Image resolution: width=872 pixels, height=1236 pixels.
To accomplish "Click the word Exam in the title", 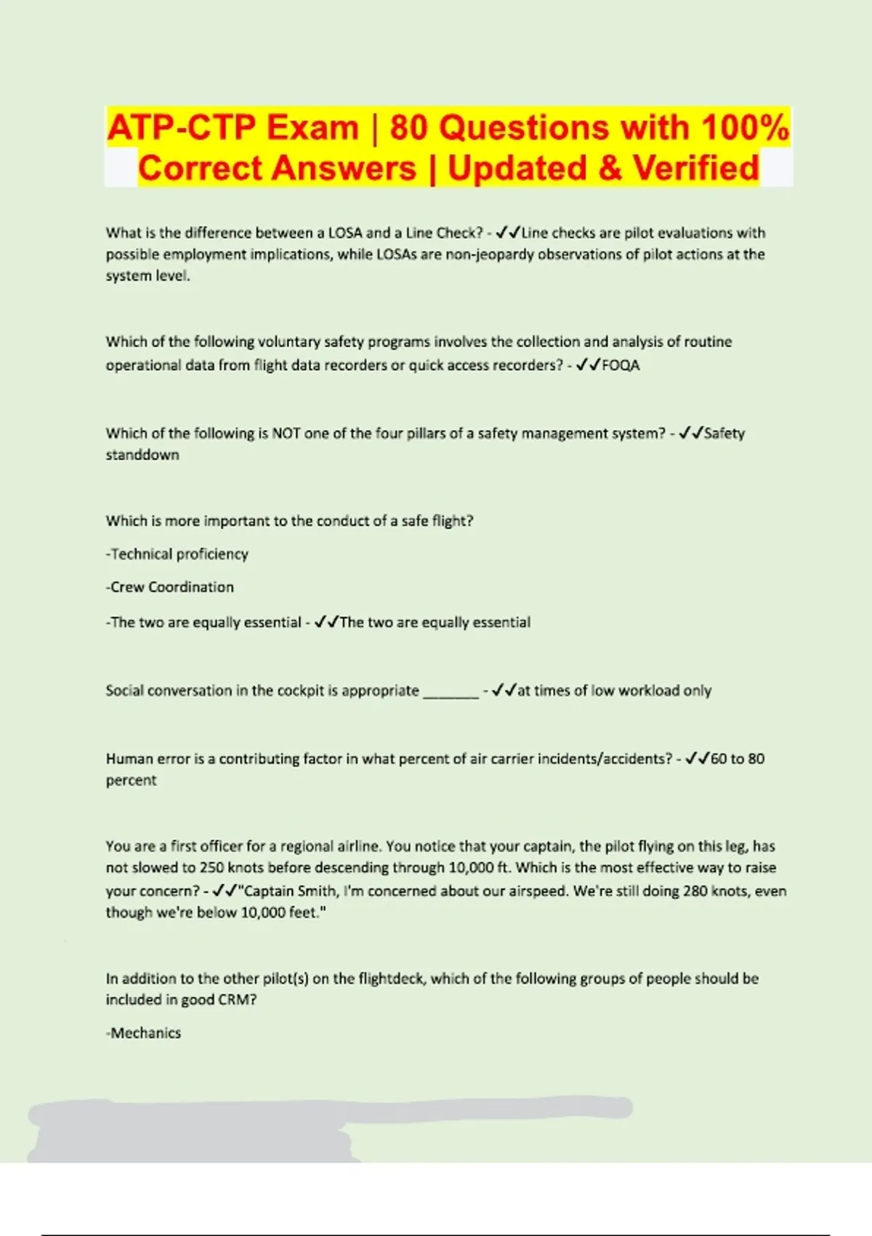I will pos(312,128).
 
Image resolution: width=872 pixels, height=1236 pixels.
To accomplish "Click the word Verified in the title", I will pos(696,168).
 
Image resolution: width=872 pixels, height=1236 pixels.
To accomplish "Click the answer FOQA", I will pos(621,365).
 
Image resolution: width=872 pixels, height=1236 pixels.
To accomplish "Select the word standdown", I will pos(142,455).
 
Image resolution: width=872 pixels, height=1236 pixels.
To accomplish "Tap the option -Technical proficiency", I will pos(177,554).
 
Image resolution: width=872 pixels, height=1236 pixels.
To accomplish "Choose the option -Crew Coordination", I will pos(170,587).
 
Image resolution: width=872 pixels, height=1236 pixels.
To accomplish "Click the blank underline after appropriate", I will pos(451,691).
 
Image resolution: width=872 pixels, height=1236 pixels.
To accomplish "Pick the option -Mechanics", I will pos(144,1033).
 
